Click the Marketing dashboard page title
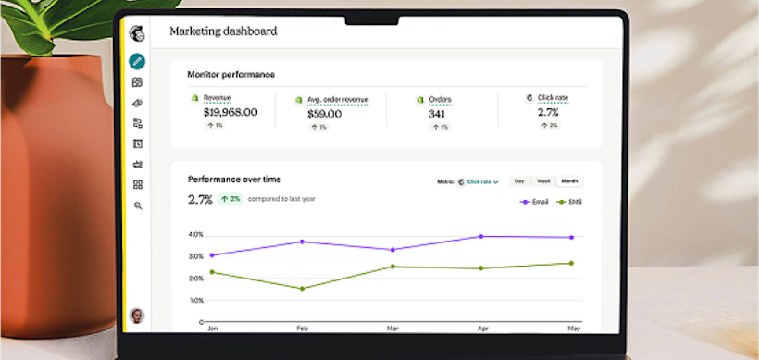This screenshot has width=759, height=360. pyautogui.click(x=223, y=31)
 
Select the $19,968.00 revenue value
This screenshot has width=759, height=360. pyautogui.click(x=230, y=112)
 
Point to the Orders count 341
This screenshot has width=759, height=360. pyautogui.click(x=438, y=112)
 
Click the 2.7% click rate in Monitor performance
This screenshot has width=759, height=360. pyautogui.click(x=547, y=112)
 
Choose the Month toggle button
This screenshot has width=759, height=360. pyautogui.click(x=569, y=181)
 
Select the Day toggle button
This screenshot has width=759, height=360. pyautogui.click(x=519, y=181)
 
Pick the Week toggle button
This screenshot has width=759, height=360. pyautogui.click(x=544, y=181)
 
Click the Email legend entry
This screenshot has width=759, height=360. pyautogui.click(x=537, y=201)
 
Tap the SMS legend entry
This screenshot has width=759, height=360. pyautogui.click(x=569, y=201)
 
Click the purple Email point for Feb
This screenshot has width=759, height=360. pyautogui.click(x=301, y=242)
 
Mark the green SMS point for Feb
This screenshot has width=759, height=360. pyautogui.click(x=301, y=289)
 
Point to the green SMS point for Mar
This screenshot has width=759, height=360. pyautogui.click(x=392, y=267)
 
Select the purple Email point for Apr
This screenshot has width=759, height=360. pyautogui.click(x=480, y=237)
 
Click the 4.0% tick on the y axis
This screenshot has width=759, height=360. pyautogui.click(x=195, y=234)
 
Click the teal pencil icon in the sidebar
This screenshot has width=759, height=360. pyautogui.click(x=137, y=61)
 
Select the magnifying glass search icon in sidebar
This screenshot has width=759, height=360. pyautogui.click(x=137, y=205)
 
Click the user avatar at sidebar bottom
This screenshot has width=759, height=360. pyautogui.click(x=137, y=316)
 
